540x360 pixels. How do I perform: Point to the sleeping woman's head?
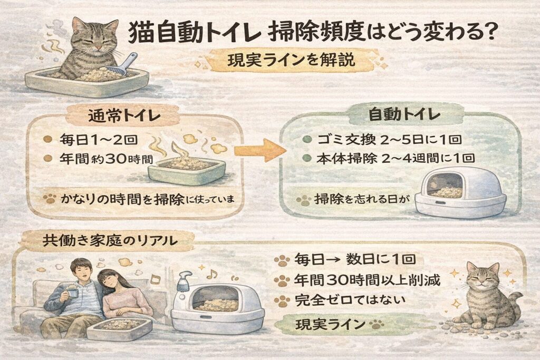pyautogui.click(x=109, y=280)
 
